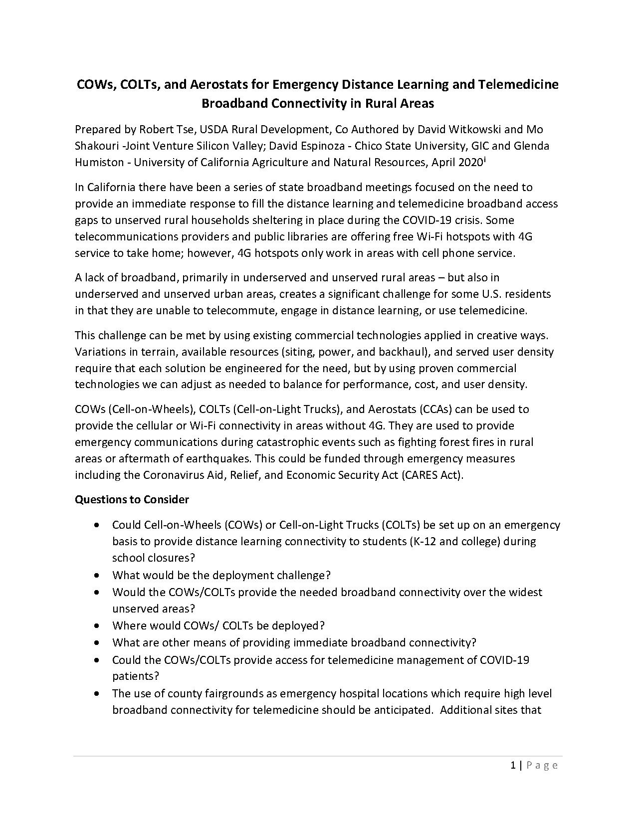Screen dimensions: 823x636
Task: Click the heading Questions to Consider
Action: point(132,499)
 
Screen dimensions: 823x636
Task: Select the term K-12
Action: point(424,541)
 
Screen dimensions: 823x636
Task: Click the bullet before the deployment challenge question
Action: point(97,575)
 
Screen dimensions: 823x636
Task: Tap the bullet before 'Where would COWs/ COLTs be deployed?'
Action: point(97,625)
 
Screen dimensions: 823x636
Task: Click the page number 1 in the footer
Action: point(513,766)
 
